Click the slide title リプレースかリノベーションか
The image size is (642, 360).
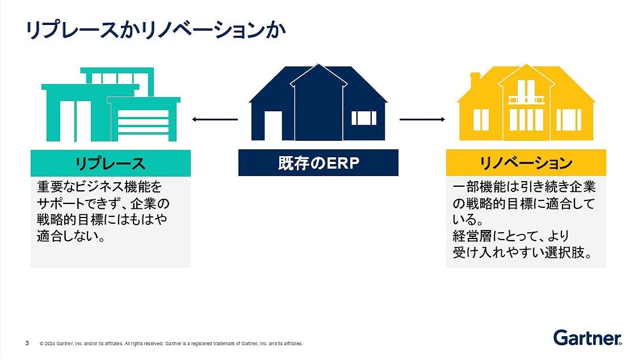156,30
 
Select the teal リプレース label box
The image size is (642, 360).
111,163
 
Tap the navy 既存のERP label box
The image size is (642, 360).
318,162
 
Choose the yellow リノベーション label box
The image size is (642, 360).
526,162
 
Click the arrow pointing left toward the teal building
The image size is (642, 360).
215,120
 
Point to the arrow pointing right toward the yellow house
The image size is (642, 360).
422,119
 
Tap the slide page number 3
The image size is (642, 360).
27,343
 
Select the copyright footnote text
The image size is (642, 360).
171,344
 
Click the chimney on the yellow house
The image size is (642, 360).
475,80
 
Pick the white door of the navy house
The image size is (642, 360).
273,125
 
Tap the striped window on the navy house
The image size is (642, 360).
364,118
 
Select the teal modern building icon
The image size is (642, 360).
111,104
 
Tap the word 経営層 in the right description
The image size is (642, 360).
472,236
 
